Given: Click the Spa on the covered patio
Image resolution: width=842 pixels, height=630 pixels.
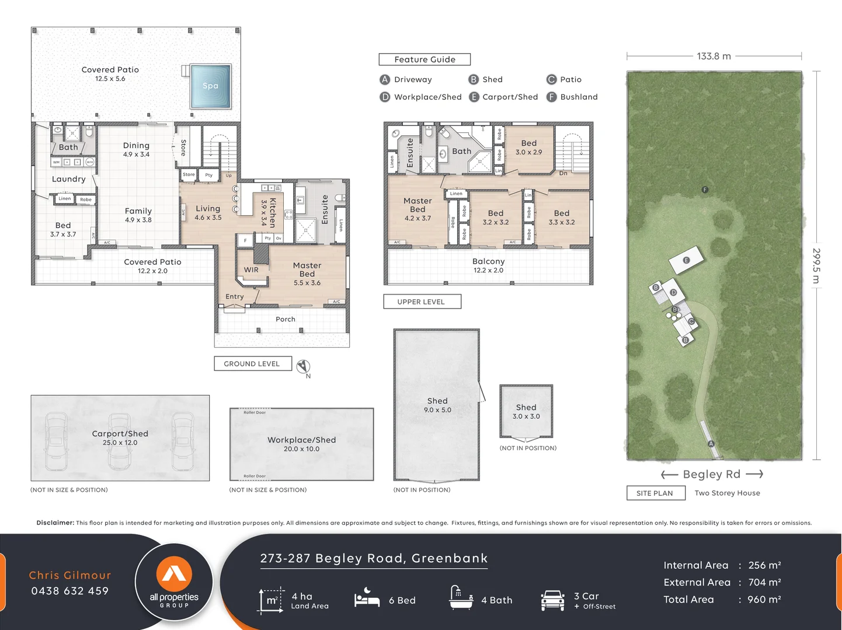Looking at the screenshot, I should [211, 86].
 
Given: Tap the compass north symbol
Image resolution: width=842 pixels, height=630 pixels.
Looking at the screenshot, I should [302, 366].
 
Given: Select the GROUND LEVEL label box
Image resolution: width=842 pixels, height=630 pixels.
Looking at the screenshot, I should [252, 363].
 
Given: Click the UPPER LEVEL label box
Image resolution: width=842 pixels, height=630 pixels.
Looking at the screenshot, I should [422, 302].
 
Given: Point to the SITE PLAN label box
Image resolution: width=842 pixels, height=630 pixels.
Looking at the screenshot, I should [654, 493].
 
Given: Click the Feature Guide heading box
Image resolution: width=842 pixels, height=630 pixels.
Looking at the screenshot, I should [425, 60].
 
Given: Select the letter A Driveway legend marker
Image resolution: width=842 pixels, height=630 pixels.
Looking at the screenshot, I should [385, 79].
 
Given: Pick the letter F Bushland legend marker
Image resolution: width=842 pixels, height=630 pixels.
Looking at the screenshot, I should [551, 97].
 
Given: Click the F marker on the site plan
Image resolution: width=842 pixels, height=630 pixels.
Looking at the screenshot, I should [705, 190].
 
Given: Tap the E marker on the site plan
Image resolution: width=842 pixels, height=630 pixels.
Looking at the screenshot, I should [686, 260].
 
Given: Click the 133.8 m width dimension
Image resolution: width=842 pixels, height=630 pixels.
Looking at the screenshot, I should [714, 56].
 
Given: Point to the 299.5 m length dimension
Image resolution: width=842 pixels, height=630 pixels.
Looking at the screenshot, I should [816, 265].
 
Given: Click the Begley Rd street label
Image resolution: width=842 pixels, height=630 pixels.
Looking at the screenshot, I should [711, 474].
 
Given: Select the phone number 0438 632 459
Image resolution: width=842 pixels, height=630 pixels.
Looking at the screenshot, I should [70, 591].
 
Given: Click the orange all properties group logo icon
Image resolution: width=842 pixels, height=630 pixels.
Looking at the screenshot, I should [174, 573].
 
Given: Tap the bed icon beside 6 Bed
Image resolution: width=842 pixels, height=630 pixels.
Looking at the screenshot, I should [367, 599].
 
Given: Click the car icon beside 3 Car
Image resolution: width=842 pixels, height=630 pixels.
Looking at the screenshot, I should [552, 600].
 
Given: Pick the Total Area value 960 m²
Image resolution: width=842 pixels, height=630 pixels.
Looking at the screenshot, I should [764, 599].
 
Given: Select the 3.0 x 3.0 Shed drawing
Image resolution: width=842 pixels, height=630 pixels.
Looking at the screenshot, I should [526, 411].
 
